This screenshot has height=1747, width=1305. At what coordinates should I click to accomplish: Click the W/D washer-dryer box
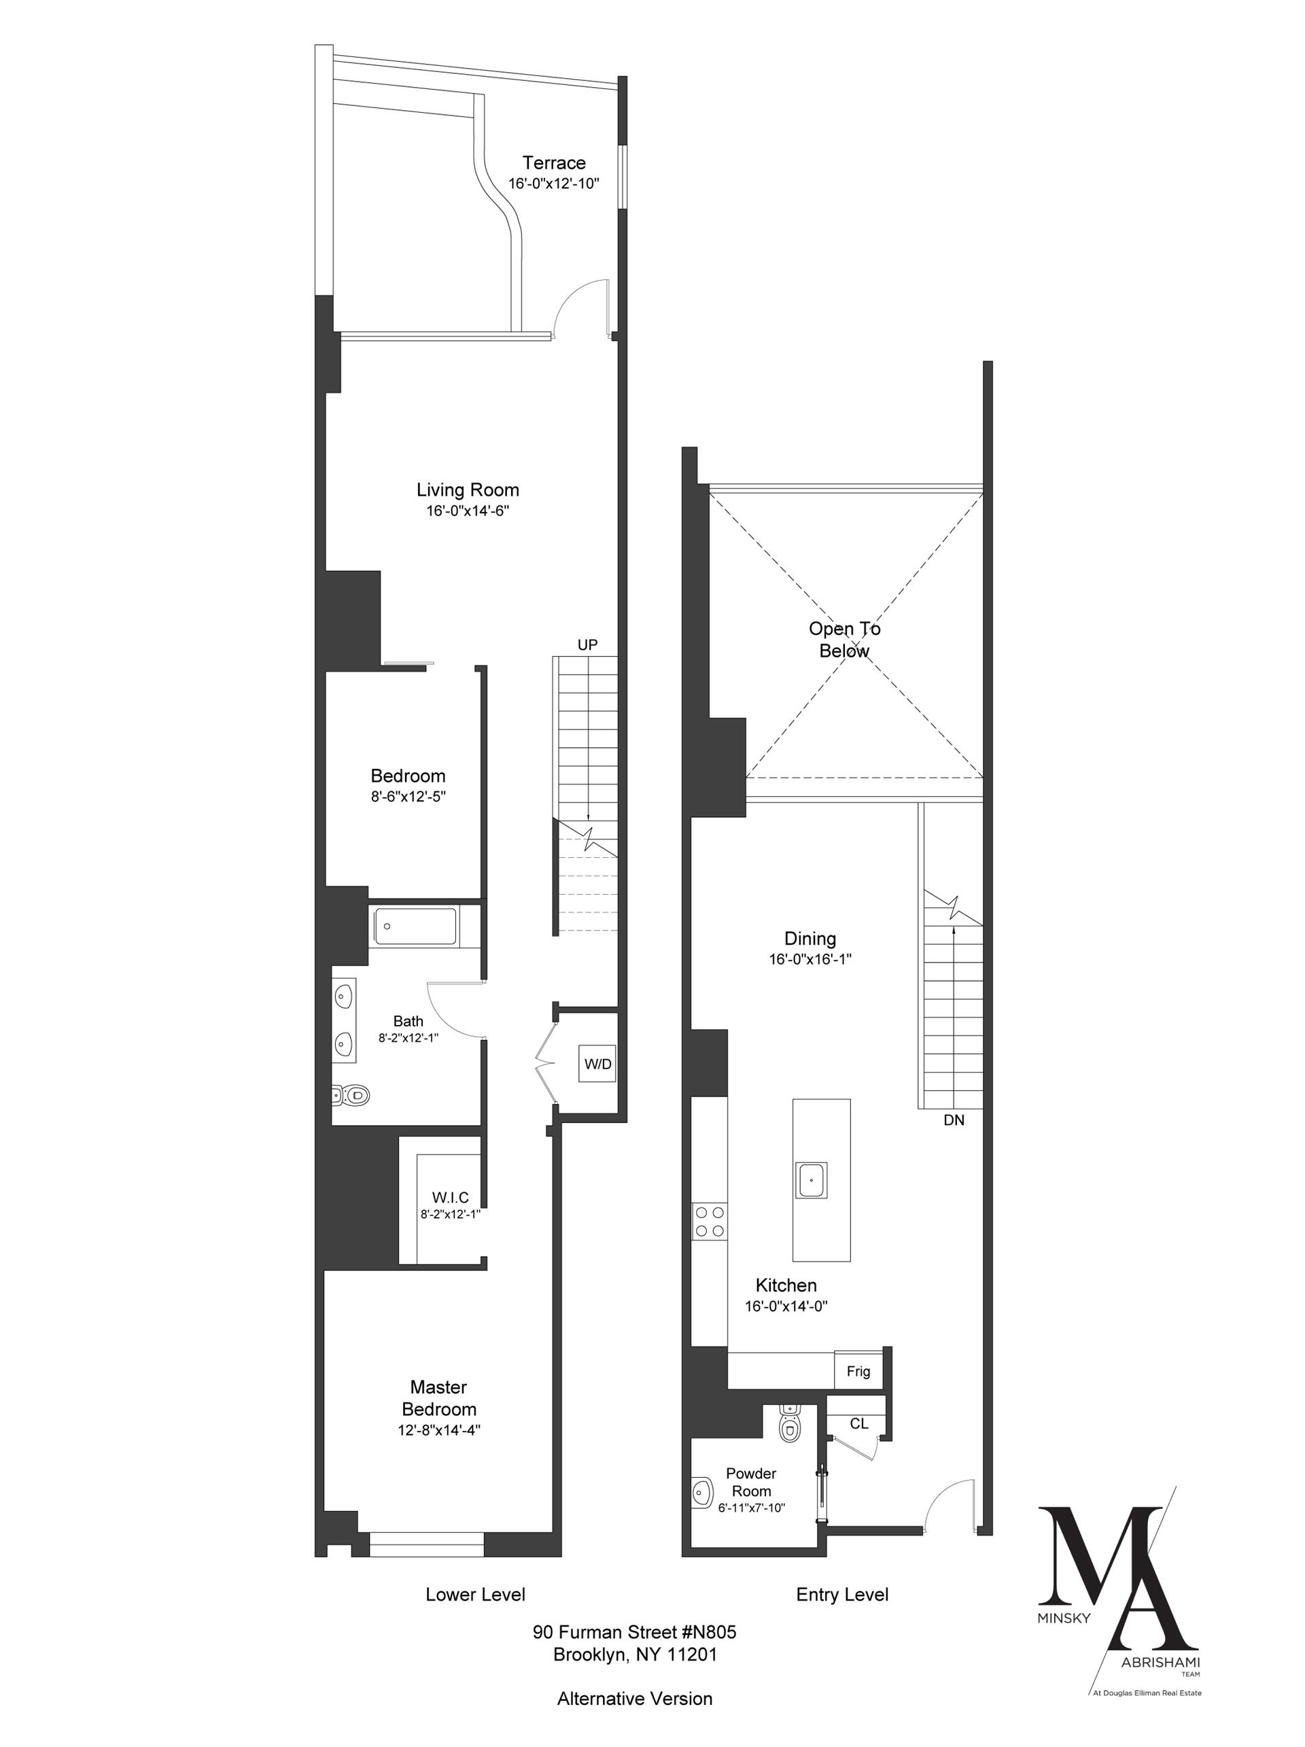(x=597, y=1064)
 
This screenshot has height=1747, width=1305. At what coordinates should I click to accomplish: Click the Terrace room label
(x=553, y=164)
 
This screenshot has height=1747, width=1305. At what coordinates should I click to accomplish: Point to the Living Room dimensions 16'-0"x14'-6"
(x=468, y=511)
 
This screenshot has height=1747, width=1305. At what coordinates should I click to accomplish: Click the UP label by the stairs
(x=587, y=644)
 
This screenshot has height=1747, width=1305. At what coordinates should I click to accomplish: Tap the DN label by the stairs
(x=953, y=1120)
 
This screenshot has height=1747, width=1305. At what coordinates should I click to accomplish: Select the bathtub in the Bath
(x=415, y=926)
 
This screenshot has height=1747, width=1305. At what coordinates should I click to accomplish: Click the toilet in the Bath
(x=351, y=1094)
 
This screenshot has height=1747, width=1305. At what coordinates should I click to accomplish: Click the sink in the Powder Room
(x=700, y=1492)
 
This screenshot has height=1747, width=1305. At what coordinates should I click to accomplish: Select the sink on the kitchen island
(x=811, y=1180)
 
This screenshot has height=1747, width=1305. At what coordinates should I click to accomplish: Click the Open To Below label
(x=844, y=640)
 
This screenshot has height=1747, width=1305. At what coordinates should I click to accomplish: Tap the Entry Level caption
(x=841, y=1595)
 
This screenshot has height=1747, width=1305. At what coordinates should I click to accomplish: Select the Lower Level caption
(x=475, y=1595)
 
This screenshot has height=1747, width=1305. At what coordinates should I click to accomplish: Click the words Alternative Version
(x=634, y=1698)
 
